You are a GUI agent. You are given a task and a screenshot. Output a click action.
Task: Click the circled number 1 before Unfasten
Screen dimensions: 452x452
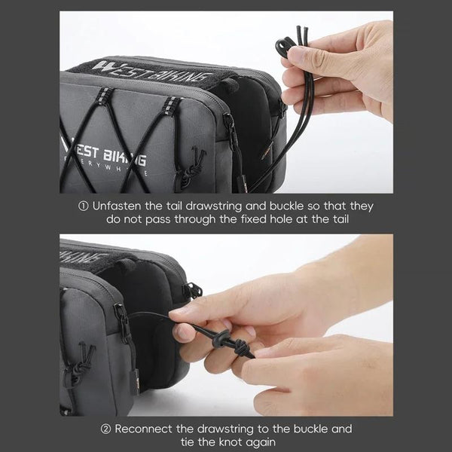point(84,206)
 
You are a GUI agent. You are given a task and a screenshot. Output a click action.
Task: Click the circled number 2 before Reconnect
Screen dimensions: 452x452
point(105,429)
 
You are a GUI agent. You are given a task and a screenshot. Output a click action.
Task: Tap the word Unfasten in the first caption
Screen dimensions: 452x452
point(117,206)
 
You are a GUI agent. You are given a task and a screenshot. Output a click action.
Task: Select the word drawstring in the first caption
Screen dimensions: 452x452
point(214,206)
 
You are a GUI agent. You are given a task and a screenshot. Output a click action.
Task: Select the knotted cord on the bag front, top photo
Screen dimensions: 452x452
point(191,168)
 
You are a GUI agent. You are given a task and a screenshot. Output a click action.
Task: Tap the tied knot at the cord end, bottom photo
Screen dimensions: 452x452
point(240,347)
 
